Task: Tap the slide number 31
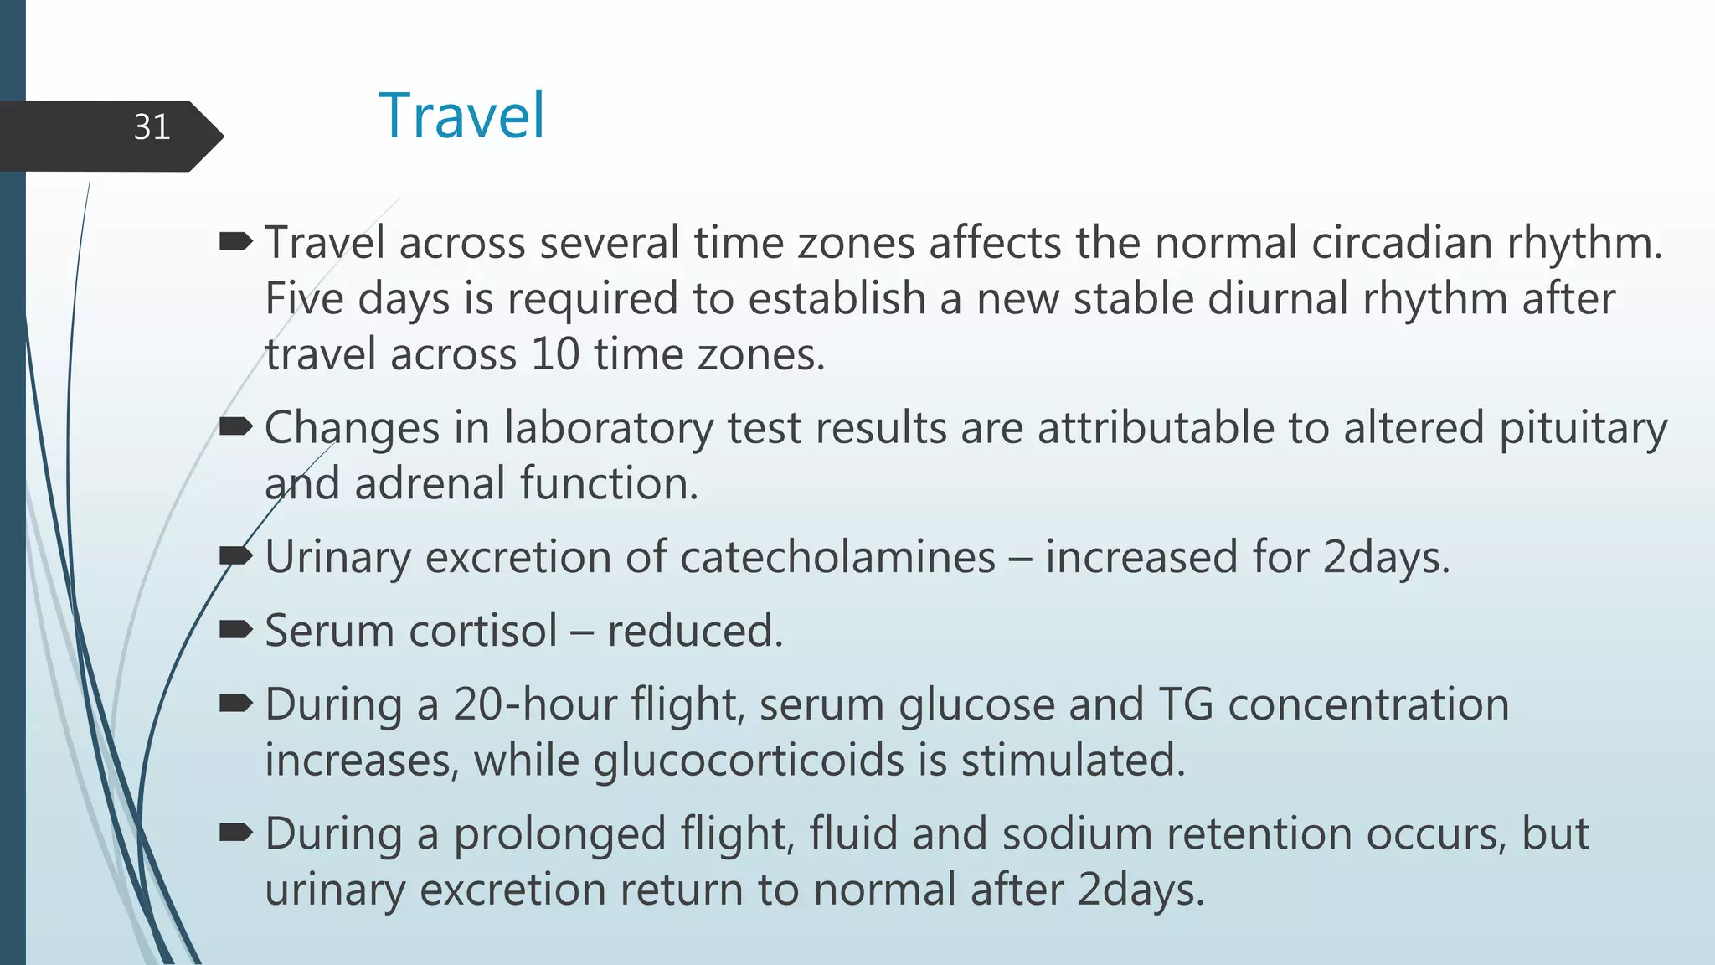(152, 127)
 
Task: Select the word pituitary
(1583, 429)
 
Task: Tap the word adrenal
(430, 484)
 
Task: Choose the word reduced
(695, 631)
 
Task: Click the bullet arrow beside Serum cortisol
(235, 630)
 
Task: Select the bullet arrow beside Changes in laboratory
(235, 428)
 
